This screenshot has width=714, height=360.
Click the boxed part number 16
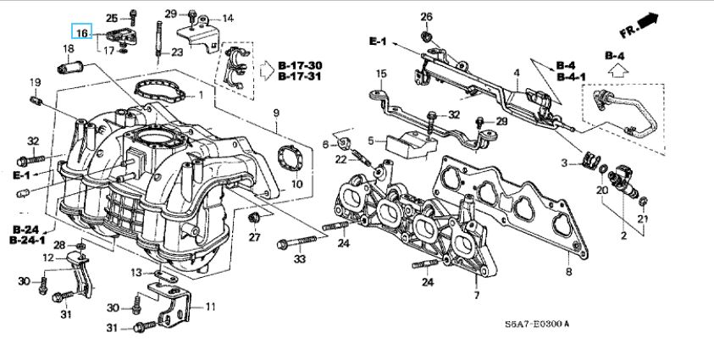click(x=82, y=33)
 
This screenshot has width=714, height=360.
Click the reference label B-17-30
click(x=300, y=64)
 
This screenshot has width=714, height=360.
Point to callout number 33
click(x=298, y=259)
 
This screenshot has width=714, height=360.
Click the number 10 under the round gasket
click(x=296, y=184)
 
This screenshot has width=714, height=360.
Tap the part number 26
click(x=426, y=16)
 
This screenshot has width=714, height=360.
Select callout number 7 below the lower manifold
click(x=477, y=296)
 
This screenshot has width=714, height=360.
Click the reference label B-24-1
click(x=28, y=241)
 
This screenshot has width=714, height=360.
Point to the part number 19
click(x=35, y=82)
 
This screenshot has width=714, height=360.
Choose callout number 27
click(x=253, y=236)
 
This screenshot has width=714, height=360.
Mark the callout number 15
click(x=381, y=74)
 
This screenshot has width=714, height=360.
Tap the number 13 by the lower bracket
click(x=136, y=272)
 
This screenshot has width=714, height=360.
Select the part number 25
click(x=112, y=18)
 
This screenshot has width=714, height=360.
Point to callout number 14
click(x=228, y=18)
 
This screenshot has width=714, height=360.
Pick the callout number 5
click(x=369, y=140)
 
